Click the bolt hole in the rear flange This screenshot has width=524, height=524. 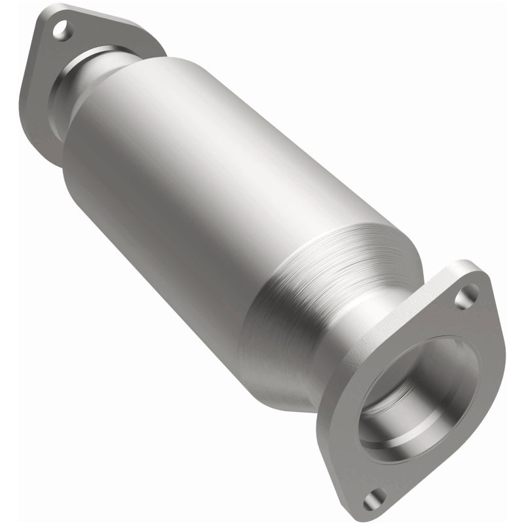pos(61,29)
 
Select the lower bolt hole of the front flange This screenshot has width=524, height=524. pos(374,498)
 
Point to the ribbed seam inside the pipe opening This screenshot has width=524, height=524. pos(393,406)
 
